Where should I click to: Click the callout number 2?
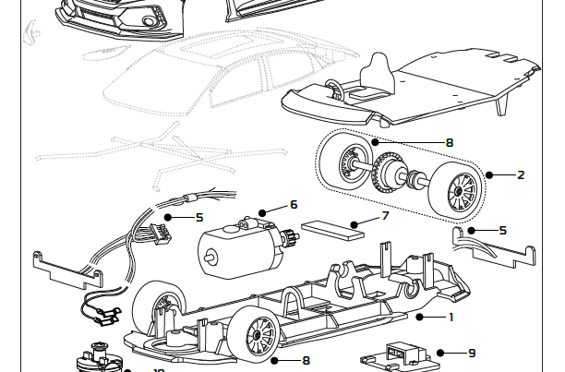point(521,174)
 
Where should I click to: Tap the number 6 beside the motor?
point(294,205)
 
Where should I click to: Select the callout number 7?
point(386,217)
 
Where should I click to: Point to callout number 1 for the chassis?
point(451,317)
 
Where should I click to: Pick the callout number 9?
point(472,353)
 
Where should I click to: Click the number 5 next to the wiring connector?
point(198,218)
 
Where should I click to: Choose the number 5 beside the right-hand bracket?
point(502,230)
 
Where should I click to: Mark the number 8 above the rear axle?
point(449,143)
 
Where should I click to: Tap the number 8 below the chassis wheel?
point(306,360)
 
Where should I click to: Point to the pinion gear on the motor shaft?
point(289,235)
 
